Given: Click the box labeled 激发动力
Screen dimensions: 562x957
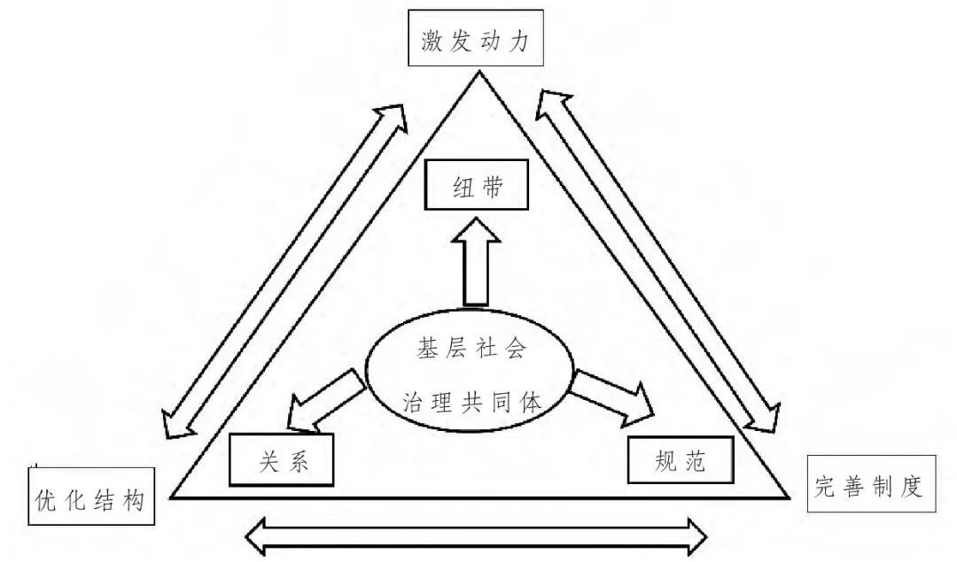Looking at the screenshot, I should (x=475, y=42).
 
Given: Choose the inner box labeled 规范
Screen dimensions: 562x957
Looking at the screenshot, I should (x=681, y=461).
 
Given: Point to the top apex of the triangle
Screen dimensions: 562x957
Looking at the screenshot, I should (x=478, y=73).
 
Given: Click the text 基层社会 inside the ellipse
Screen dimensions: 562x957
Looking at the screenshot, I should (x=471, y=349).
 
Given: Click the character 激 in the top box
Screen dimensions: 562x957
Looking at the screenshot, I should (x=432, y=42).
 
